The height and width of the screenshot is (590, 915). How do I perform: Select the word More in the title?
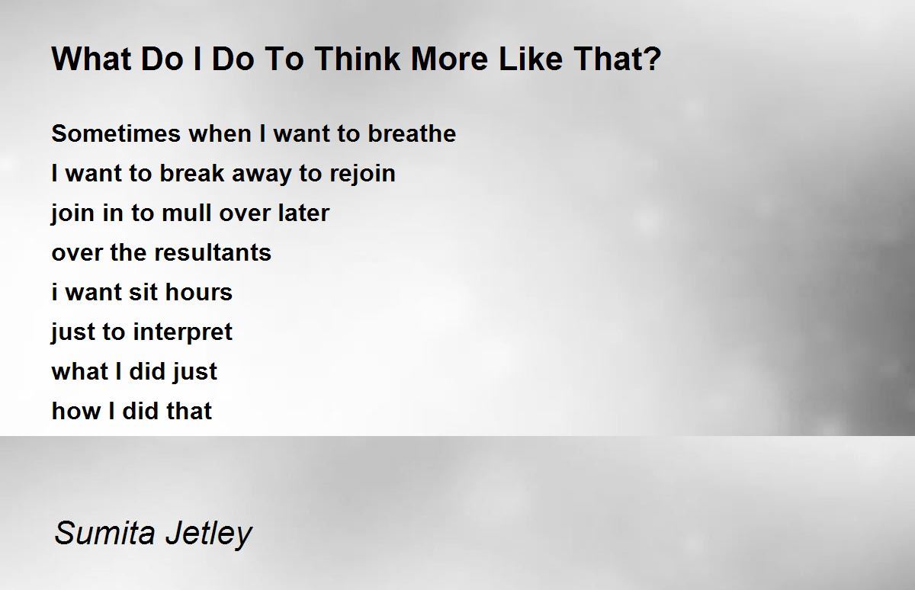[x=449, y=59]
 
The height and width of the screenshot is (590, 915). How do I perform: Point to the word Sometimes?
[x=116, y=133]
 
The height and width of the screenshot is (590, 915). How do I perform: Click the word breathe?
[x=412, y=133]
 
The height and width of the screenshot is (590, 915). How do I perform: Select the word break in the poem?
[x=191, y=173]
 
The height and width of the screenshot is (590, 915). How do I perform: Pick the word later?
[x=303, y=213]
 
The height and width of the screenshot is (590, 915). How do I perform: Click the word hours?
[x=199, y=292]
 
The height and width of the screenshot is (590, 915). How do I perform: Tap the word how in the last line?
[x=76, y=411]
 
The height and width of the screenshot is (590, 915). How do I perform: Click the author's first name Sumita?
[x=104, y=533]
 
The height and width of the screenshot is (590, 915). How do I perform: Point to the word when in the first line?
[x=220, y=133]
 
